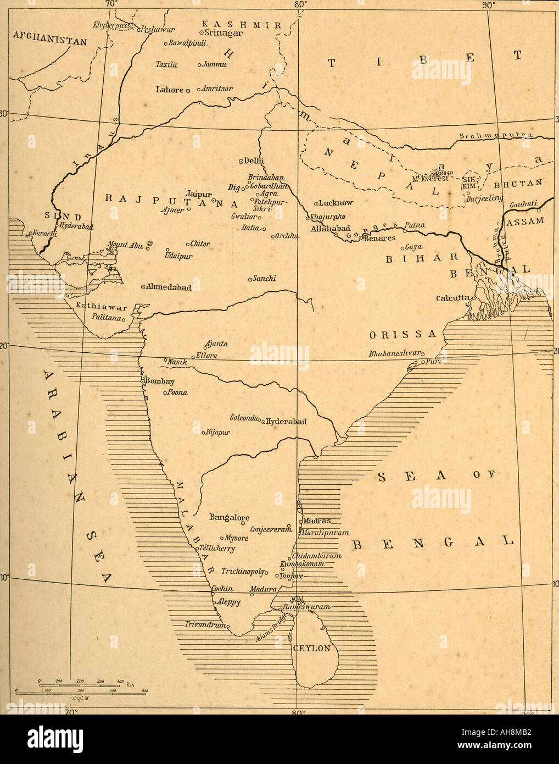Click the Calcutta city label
452,298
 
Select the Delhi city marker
241,160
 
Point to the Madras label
317,521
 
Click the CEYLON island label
311,648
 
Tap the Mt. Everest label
430,179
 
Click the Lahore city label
170,90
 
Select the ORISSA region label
403,334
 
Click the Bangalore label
229,517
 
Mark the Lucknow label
336,203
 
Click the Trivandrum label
204,625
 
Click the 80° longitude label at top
299,4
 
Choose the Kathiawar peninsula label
102,307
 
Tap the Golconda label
244,418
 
